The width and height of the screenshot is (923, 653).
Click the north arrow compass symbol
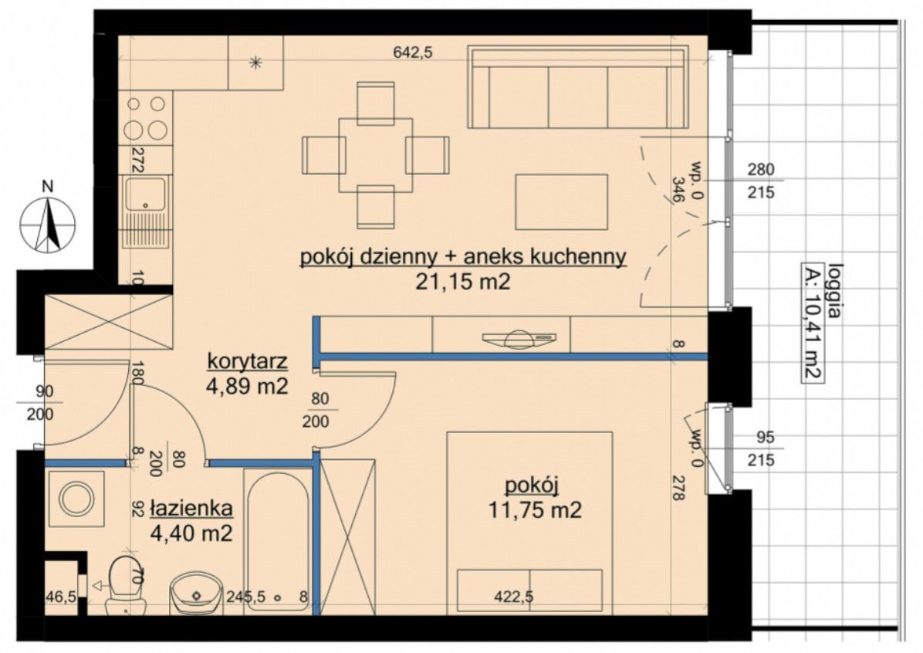pyautogui.click(x=48, y=225)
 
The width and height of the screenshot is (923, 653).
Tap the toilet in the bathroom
pyautogui.click(x=125, y=583)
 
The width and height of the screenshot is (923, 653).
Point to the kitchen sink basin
pyautogui.click(x=145, y=195)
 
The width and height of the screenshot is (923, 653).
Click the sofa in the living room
pyautogui.click(x=579, y=87)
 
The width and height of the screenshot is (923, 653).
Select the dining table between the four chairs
pyautogui.click(x=376, y=155)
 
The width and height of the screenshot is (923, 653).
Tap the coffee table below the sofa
pyautogui.click(x=562, y=201)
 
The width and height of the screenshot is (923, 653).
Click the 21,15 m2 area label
pyautogui.click(x=463, y=283)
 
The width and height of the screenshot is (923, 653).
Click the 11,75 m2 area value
pyautogui.click(x=535, y=509)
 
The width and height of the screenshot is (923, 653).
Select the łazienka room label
pyautogui.click(x=191, y=508)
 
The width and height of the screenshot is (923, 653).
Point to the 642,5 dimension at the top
pyautogui.click(x=413, y=52)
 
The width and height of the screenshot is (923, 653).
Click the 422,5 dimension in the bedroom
pyautogui.click(x=514, y=597)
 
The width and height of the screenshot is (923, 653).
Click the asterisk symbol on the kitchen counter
pyautogui.click(x=255, y=63)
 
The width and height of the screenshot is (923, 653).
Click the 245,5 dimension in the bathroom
pyautogui.click(x=246, y=597)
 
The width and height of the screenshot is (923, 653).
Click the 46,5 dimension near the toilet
pyautogui.click(x=61, y=597)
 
